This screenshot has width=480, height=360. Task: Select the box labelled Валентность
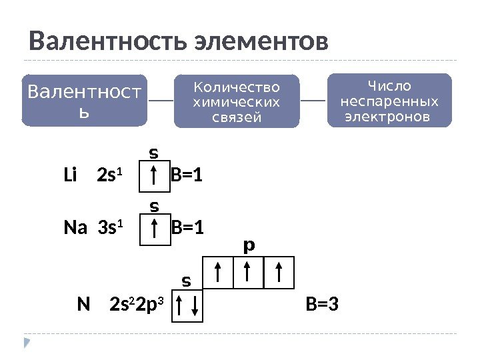click(x=84, y=101)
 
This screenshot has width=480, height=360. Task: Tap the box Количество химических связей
click(x=237, y=101)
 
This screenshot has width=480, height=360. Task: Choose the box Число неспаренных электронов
click(x=390, y=101)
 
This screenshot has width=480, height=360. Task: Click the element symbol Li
click(x=71, y=177)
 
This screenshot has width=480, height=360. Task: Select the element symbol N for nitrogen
click(x=83, y=305)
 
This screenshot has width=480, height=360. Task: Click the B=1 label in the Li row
click(x=187, y=177)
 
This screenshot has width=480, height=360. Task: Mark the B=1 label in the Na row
click(x=188, y=229)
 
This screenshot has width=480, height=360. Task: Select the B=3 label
click(x=322, y=305)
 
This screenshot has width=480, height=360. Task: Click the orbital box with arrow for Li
click(x=155, y=178)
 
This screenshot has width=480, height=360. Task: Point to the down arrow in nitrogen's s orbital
click(x=194, y=306)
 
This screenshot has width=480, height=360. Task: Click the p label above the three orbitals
click(x=249, y=247)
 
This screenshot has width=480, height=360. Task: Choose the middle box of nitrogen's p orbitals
click(x=247, y=273)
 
